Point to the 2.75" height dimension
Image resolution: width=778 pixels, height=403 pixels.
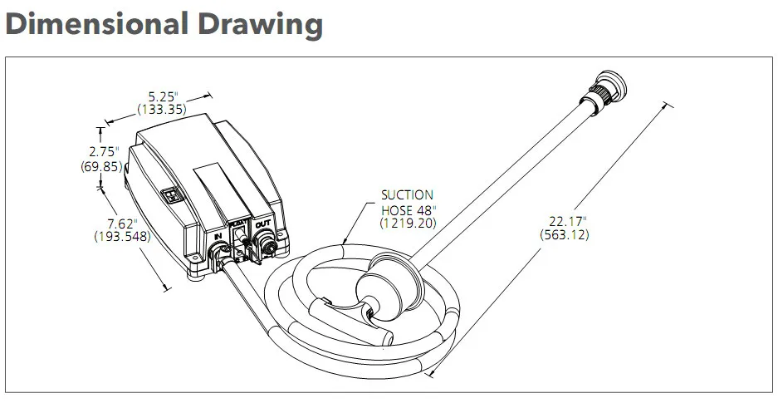pos(105,151)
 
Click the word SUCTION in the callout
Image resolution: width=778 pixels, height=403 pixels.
pos(407,195)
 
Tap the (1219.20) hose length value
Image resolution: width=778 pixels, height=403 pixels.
pos(407,223)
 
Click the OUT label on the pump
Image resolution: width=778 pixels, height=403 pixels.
pos(262,224)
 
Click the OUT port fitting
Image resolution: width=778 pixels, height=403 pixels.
pos(269,244)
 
